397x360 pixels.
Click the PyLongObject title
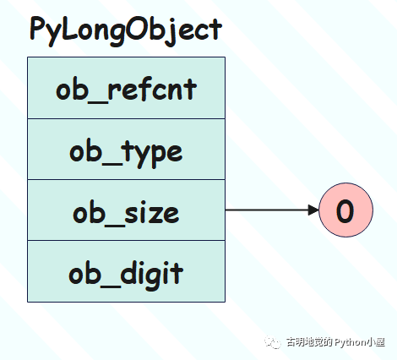tap(126, 30)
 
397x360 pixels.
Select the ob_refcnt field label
tap(126, 89)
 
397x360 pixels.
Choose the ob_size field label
tap(126, 213)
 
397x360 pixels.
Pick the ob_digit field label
tap(126, 274)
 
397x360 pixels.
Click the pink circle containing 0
tap(345, 210)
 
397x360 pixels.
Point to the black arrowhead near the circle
tap(313, 210)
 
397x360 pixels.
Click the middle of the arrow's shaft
tap(267, 210)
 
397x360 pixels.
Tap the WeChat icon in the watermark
tap(272, 342)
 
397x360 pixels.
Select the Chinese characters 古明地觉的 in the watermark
tap(309, 342)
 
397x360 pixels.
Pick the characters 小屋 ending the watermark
tap(376, 342)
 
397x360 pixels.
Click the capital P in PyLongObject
tap(38, 28)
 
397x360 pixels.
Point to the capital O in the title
tap(137, 29)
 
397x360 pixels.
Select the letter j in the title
tap(171, 31)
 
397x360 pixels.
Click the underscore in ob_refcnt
tap(97, 102)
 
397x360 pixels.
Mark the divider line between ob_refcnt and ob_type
tap(126, 118)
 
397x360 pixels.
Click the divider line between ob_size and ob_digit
tap(126, 240)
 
